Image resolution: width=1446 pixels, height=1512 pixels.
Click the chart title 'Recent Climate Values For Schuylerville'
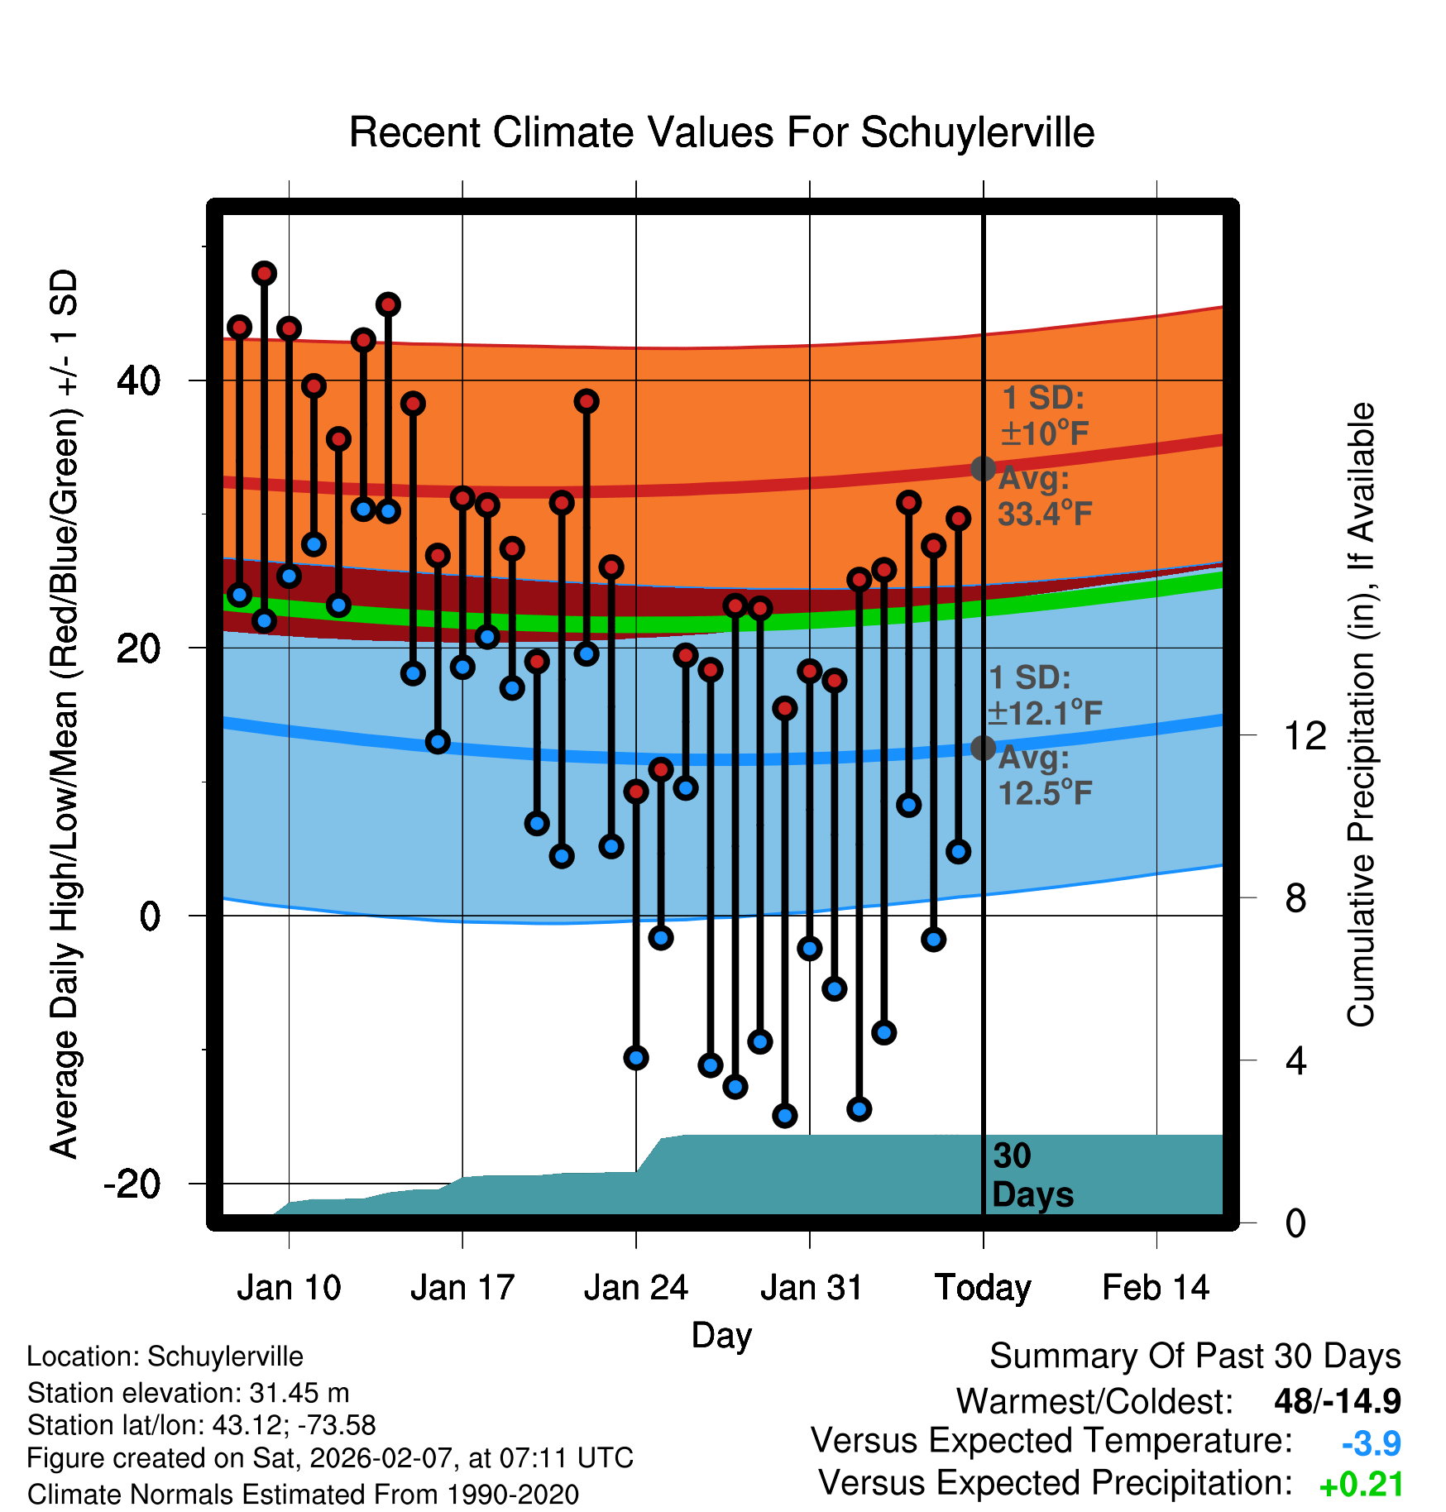[721, 132]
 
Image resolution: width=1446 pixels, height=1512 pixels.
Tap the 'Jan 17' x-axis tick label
[462, 1288]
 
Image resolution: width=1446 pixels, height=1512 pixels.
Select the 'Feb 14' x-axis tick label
[1156, 1288]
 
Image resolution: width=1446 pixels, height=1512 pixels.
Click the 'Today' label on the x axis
[983, 1288]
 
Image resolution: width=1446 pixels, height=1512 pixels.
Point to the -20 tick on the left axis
[132, 1184]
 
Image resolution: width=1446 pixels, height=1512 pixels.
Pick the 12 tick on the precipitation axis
[1305, 735]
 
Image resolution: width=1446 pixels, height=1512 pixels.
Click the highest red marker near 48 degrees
[264, 273]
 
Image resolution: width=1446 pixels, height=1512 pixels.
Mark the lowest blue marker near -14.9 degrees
[785, 1116]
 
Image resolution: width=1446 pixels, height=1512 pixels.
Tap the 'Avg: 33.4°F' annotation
[1045, 496]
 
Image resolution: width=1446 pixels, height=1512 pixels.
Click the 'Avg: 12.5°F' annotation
[1045, 776]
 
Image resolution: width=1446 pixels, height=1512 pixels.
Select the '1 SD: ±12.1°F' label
[1045, 695]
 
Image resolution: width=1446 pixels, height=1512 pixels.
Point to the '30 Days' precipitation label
[1032, 1175]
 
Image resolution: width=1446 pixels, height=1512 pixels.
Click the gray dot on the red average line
[983, 468]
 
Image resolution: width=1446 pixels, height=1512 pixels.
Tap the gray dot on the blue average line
[983, 748]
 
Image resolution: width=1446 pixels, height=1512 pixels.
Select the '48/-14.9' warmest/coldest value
[1337, 1401]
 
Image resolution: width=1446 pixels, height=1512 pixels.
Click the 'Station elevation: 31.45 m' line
[189, 1393]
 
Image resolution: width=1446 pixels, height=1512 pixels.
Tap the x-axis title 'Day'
[721, 1335]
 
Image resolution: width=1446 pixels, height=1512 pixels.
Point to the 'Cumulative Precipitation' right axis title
[1360, 715]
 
